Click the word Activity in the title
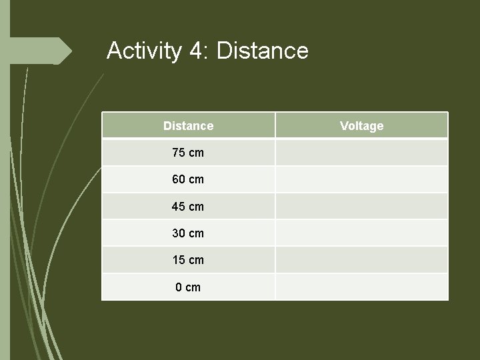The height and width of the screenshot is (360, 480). (143, 51)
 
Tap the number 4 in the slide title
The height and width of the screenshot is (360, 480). (197, 51)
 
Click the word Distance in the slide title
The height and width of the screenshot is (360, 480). (263, 51)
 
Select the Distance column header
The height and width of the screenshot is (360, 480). (188, 125)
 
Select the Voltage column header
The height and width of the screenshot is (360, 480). (361, 125)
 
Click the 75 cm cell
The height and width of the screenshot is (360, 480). (188, 153)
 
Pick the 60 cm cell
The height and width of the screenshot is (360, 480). (188, 179)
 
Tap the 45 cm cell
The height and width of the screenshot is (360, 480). (188, 207)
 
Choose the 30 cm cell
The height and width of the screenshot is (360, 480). (188, 233)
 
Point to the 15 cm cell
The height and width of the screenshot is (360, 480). (188, 260)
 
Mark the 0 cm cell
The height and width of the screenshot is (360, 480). (188, 287)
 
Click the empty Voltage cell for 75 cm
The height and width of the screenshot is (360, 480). (361, 153)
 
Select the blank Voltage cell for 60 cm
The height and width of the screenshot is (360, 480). (361, 179)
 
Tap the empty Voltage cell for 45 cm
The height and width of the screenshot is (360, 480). (361, 207)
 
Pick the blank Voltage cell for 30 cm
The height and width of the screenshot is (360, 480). (361, 233)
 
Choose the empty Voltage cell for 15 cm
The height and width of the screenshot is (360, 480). (361, 260)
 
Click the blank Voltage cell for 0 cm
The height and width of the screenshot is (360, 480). (361, 287)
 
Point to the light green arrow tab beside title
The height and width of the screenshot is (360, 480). (40, 51)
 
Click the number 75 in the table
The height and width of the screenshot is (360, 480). (179, 153)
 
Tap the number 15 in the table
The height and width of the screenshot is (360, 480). (179, 260)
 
